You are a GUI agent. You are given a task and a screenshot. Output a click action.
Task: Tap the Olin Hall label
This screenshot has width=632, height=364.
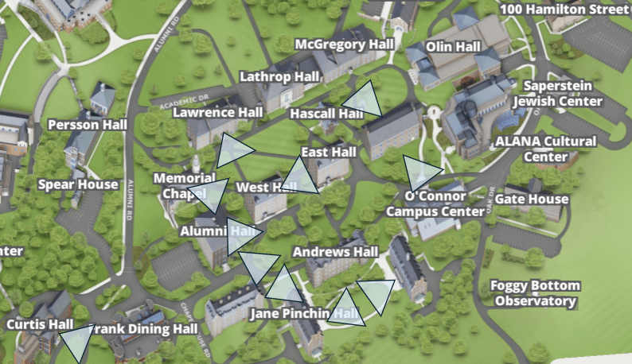click(x=453, y=47)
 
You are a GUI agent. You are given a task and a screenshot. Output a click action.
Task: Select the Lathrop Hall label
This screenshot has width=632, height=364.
click(x=279, y=76)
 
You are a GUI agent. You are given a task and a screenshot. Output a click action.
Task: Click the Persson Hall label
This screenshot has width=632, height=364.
click(x=88, y=125)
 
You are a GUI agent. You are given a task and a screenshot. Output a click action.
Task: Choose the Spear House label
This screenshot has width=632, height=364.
click(x=78, y=184)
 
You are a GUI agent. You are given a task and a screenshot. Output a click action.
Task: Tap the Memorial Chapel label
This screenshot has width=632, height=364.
click(x=184, y=185)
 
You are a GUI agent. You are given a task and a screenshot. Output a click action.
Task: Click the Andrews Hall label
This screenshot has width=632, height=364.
click(x=335, y=252)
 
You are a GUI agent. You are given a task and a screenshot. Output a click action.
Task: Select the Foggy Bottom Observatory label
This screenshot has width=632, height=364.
click(x=535, y=293)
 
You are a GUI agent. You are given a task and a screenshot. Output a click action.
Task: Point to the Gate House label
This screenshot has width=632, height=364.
click(x=532, y=199)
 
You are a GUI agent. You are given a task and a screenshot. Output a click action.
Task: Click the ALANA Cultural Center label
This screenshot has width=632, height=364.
click(x=545, y=149)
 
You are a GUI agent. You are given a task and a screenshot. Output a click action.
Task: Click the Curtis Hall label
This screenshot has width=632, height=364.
click(x=40, y=324)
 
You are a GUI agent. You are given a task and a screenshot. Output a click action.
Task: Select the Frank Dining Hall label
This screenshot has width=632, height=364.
click(x=143, y=329)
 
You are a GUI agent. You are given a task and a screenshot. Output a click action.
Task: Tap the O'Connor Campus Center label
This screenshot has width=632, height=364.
click(x=435, y=203)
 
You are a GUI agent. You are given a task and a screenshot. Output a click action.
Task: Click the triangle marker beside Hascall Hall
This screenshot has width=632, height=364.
click(x=363, y=99)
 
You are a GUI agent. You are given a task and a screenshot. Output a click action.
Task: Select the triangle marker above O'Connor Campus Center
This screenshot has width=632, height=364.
click(x=419, y=170)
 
